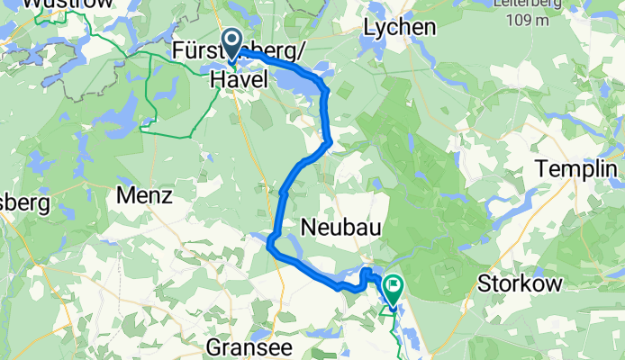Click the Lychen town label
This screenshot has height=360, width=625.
point(399,28)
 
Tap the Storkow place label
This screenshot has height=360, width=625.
point(531,283)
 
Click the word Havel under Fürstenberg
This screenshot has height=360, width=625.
point(239,79)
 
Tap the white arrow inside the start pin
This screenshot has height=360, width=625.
point(231,40)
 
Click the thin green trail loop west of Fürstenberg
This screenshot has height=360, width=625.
point(153,99)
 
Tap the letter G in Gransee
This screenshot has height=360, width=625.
point(213,346)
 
